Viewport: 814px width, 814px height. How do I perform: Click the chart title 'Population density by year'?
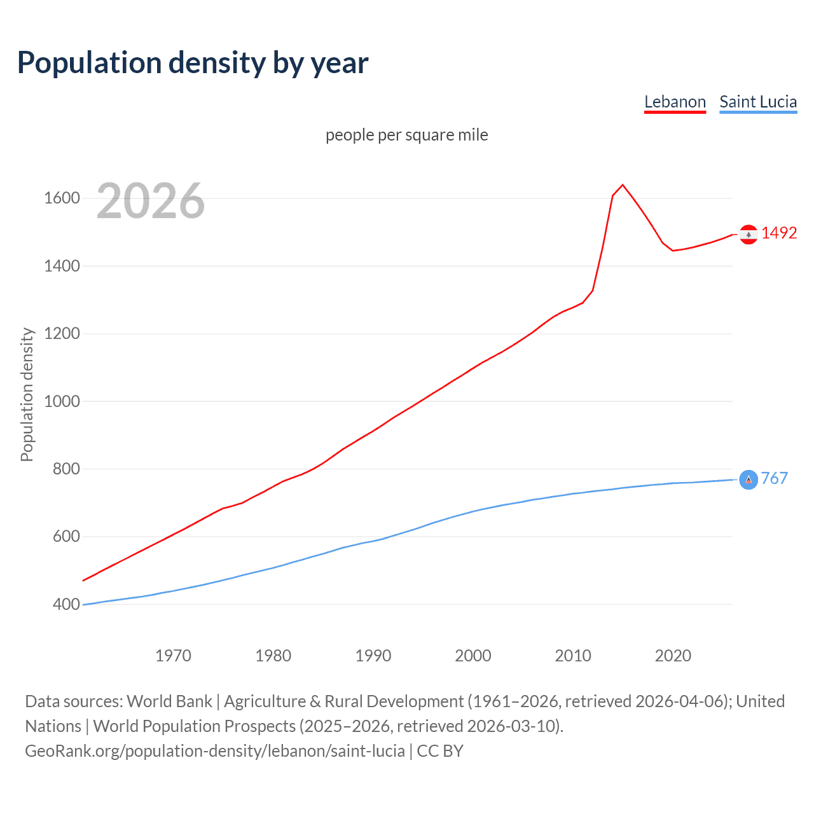(x=193, y=63)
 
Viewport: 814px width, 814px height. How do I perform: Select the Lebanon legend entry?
(x=675, y=102)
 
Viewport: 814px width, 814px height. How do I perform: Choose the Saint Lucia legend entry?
(x=758, y=102)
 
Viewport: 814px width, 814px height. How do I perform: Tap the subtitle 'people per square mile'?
(x=406, y=135)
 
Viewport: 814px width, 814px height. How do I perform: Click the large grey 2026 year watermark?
(x=151, y=201)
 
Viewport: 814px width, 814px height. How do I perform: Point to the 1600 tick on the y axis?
(x=62, y=198)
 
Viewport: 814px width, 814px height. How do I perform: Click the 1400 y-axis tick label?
(x=62, y=266)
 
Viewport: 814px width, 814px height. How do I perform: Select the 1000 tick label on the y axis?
(x=62, y=401)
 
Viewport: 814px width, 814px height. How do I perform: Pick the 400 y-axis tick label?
(x=66, y=604)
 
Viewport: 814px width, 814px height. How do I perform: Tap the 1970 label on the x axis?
(x=173, y=656)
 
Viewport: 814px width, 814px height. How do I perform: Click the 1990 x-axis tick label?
(x=373, y=656)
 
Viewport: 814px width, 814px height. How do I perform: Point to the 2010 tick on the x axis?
(x=573, y=656)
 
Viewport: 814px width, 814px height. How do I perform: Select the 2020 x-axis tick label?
(x=673, y=656)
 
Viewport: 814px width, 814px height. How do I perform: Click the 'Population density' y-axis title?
(x=27, y=394)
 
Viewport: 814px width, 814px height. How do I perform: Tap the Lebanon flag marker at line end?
(x=748, y=235)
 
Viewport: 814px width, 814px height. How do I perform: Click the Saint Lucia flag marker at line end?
(x=748, y=479)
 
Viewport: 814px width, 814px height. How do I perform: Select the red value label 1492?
(x=779, y=233)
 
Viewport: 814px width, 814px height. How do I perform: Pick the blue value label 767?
(x=774, y=478)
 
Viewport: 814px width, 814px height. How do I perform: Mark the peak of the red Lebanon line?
(x=623, y=185)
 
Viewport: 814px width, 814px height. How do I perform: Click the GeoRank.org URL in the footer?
(x=215, y=751)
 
